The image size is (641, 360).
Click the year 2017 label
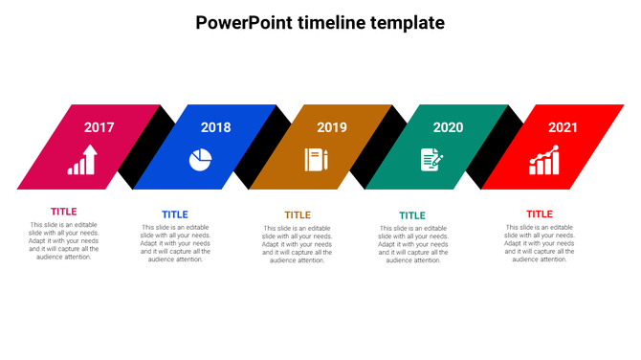point(99,127)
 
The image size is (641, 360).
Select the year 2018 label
point(215,127)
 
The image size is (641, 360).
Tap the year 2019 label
point(331,127)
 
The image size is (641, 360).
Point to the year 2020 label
point(448,127)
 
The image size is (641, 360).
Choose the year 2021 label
point(564,127)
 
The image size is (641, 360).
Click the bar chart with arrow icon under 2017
point(82,160)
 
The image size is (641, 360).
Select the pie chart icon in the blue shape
point(200,160)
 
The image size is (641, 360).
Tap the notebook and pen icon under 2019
point(317,160)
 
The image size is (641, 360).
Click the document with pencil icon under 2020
point(431,160)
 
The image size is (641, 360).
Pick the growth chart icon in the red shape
point(544,161)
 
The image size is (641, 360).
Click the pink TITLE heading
point(64,212)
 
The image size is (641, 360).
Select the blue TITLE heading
point(175,214)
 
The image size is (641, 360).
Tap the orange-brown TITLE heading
point(298,215)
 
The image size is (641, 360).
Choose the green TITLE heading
point(412,215)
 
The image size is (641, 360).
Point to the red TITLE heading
point(540,214)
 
